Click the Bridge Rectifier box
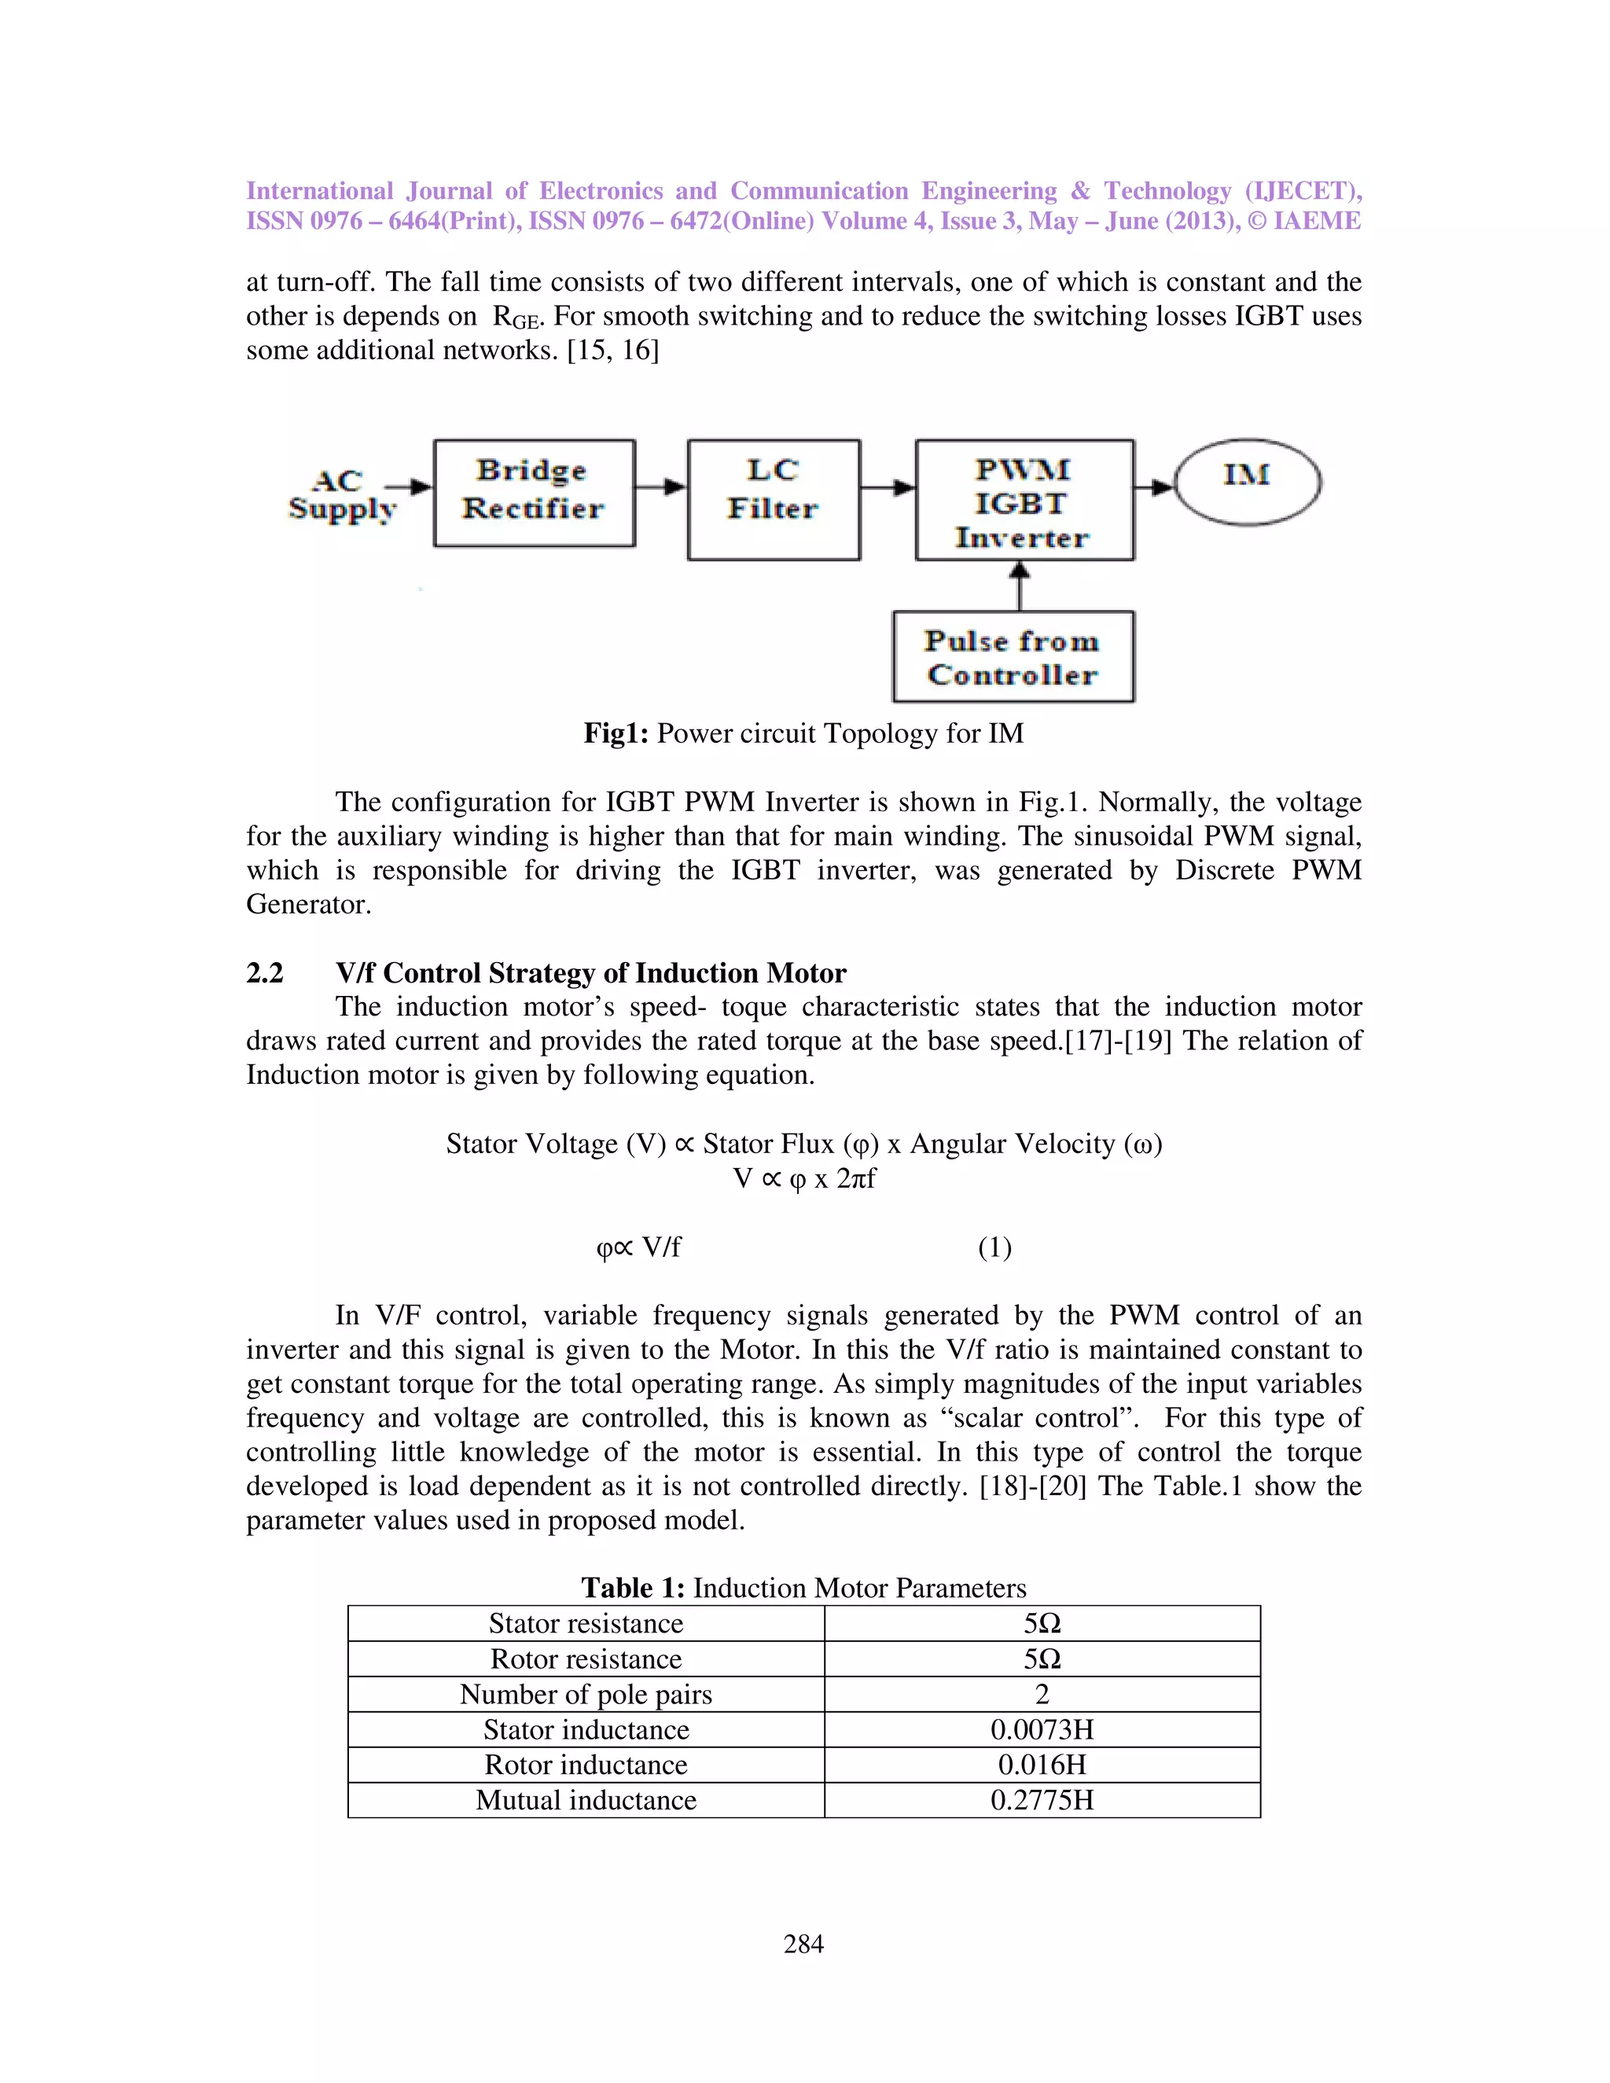534,492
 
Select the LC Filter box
773,499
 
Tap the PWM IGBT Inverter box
1024,501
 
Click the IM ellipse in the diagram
1248,482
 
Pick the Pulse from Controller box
1013,657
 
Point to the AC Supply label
340,494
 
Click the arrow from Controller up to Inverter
1020,586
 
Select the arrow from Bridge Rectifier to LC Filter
661,487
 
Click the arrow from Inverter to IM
1154,487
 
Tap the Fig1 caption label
616,733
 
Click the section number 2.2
265,973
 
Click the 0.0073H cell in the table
1042,1729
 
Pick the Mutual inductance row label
586,1800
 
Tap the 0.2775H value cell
1042,1800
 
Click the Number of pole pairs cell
586,1694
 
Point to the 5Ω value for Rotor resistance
1042,1659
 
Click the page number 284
803,1943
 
